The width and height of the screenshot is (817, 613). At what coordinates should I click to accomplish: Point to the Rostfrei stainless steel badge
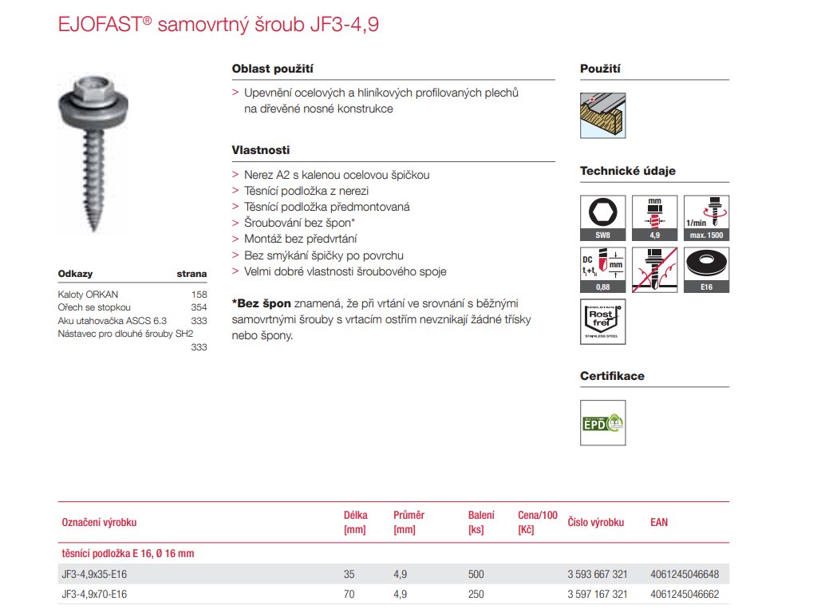[x=603, y=321]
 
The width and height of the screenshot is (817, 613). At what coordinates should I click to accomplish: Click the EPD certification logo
[x=603, y=422]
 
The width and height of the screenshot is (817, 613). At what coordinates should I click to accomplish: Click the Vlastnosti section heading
[x=261, y=150]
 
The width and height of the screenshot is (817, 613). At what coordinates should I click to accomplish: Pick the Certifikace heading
[x=612, y=376]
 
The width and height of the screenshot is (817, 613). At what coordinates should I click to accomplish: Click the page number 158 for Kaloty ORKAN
[x=199, y=295]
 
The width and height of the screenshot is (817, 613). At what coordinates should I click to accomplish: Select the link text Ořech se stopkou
[x=95, y=307]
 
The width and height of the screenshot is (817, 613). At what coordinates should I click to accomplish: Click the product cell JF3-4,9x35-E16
[x=94, y=575]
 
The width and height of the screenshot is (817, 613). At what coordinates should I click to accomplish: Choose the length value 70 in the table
[x=349, y=594]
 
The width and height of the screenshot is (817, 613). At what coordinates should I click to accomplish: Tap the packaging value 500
[x=476, y=575]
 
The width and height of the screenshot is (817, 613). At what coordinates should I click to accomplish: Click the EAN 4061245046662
[x=685, y=594]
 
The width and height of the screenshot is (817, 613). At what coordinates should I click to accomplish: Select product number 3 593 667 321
[x=597, y=575]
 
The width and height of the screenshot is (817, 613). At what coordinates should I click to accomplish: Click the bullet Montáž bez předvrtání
[x=300, y=239]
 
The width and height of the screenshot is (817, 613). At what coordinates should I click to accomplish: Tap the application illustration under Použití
[x=602, y=117]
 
